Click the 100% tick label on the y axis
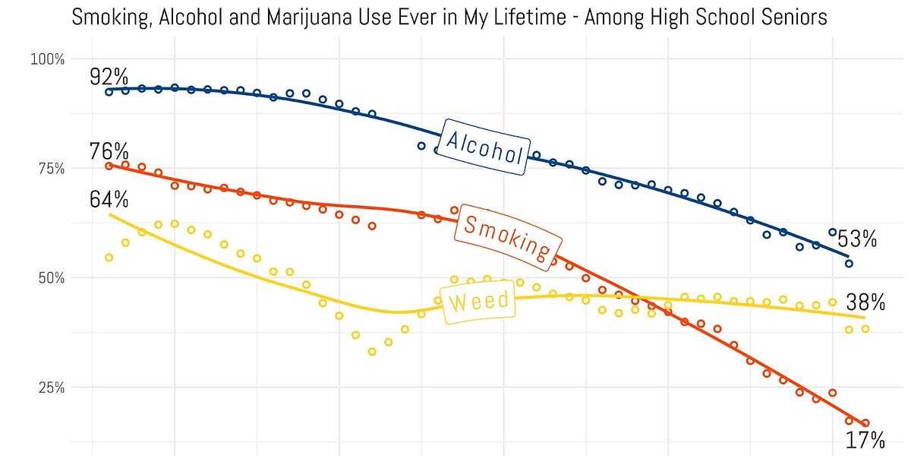47,59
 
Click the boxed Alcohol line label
484,147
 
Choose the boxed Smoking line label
506,236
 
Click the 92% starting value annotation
109,77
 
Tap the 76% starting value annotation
109,151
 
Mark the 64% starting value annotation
109,201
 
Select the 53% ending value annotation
858,240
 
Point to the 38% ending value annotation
866,302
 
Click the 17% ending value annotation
866,440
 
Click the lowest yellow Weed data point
372,351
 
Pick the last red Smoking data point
865,423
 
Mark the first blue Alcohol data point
109,92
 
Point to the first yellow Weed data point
109,258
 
